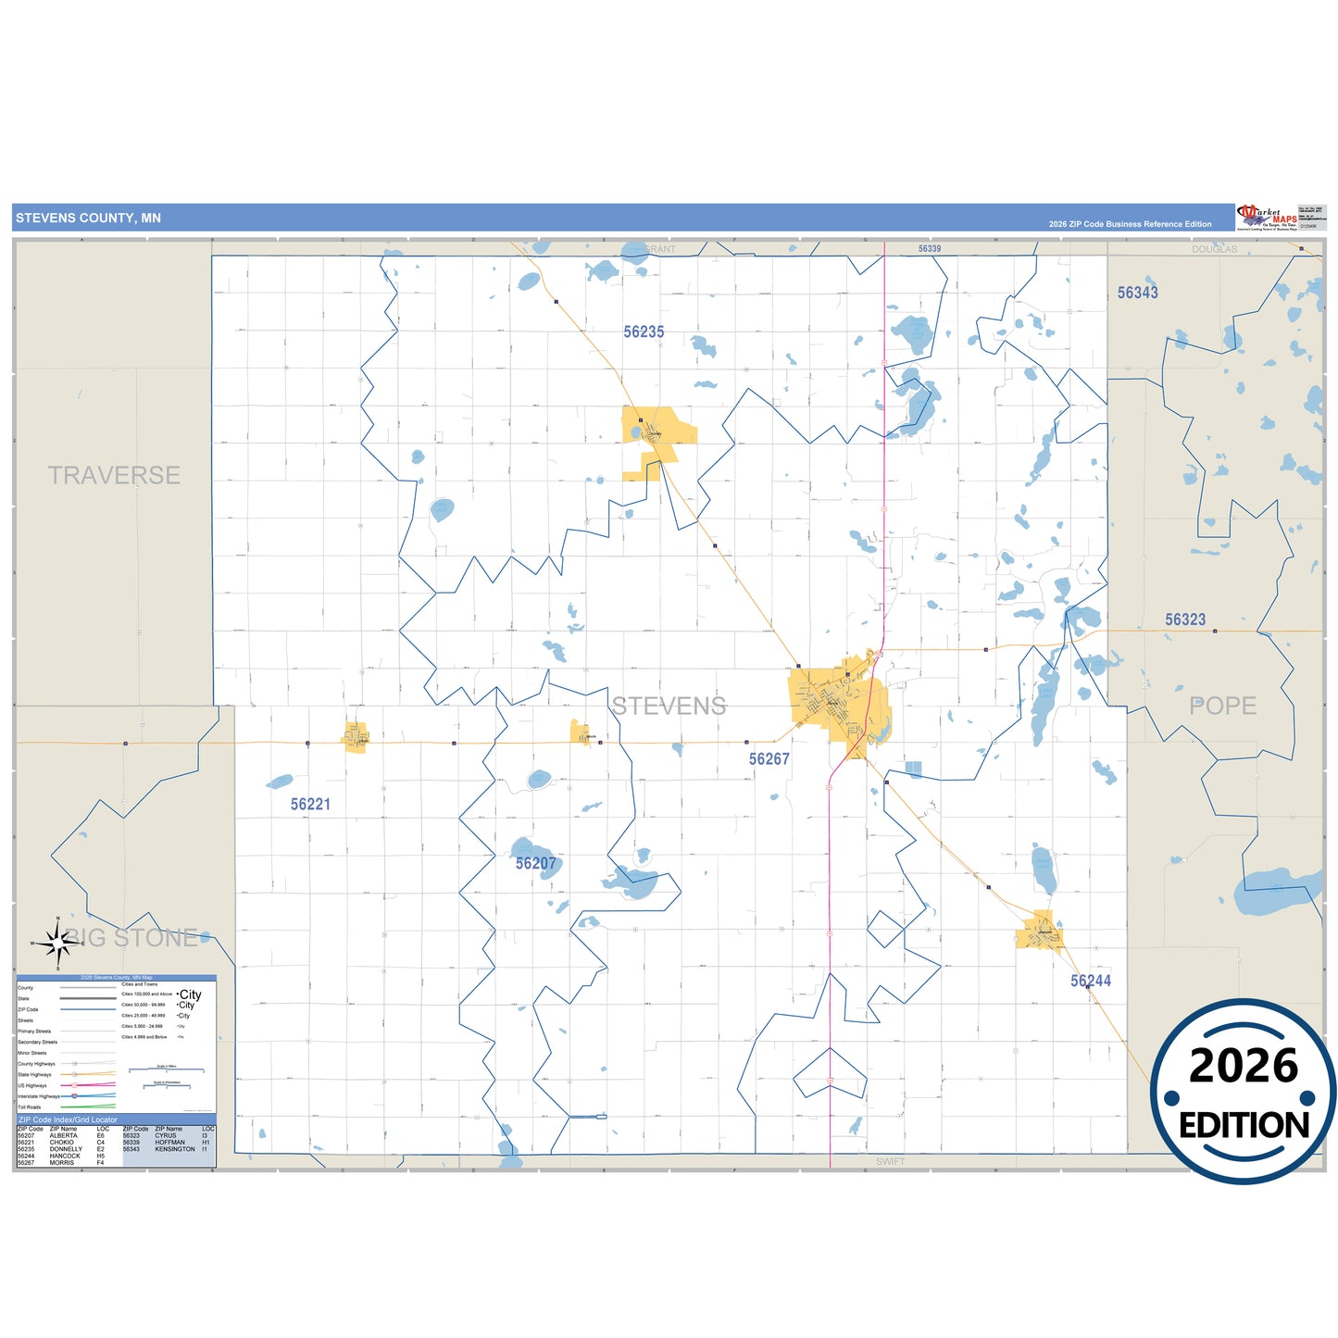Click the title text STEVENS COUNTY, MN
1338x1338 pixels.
coord(88,219)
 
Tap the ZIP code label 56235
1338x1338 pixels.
coord(644,331)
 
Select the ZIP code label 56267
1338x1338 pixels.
coord(769,759)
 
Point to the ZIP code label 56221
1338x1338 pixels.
coord(310,805)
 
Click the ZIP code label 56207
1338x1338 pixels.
coord(535,864)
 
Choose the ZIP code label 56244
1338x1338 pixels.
coord(1090,982)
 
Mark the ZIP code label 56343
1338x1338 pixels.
coord(1137,293)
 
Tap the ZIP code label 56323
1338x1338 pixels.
coord(1185,620)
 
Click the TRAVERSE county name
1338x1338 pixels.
coord(114,476)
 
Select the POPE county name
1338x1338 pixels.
coord(1222,707)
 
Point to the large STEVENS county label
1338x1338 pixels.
coord(669,707)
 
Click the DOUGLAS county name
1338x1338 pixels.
coord(1214,249)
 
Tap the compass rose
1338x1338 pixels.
coord(58,944)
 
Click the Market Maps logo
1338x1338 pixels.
coord(1268,218)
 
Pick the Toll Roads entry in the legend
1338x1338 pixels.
coord(30,1107)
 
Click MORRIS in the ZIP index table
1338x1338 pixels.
coord(62,1163)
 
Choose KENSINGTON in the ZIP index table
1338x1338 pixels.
coord(175,1149)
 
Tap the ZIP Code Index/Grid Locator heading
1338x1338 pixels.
coord(68,1119)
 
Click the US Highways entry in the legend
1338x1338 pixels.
coord(32,1085)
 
